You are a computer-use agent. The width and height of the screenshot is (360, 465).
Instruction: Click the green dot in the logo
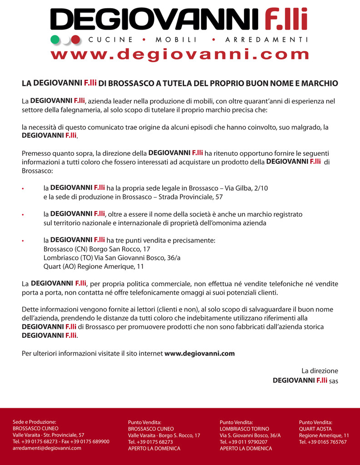pyautogui.click(x=55, y=39)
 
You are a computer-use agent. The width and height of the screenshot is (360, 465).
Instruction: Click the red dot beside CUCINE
pyautogui.click(x=76, y=39)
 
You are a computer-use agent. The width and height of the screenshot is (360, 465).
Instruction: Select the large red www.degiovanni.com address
pyautogui.click(x=180, y=54)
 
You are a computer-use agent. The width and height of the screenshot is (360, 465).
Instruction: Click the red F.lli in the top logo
pyautogui.click(x=286, y=20)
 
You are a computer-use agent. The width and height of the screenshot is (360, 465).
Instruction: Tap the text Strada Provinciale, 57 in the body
pyautogui.click(x=190, y=197)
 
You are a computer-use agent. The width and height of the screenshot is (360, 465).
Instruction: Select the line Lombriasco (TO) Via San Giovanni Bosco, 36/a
pyautogui.click(x=112, y=258)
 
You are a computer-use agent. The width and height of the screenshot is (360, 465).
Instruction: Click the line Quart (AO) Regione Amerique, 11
pyautogui.click(x=94, y=267)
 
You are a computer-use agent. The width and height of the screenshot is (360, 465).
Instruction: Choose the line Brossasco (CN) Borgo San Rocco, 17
pyautogui.click(x=97, y=249)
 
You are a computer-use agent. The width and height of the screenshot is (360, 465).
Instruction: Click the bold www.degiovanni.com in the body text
pyautogui.click(x=200, y=353)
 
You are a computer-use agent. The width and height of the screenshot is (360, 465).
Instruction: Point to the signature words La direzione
pyautogui.click(x=320, y=371)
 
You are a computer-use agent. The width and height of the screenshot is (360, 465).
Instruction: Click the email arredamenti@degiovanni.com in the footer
pyautogui.click(x=47, y=448)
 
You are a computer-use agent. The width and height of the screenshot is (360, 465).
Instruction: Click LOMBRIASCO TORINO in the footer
pyautogui.click(x=245, y=429)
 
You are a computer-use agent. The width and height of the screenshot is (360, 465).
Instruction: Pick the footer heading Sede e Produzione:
pyautogui.click(x=35, y=422)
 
